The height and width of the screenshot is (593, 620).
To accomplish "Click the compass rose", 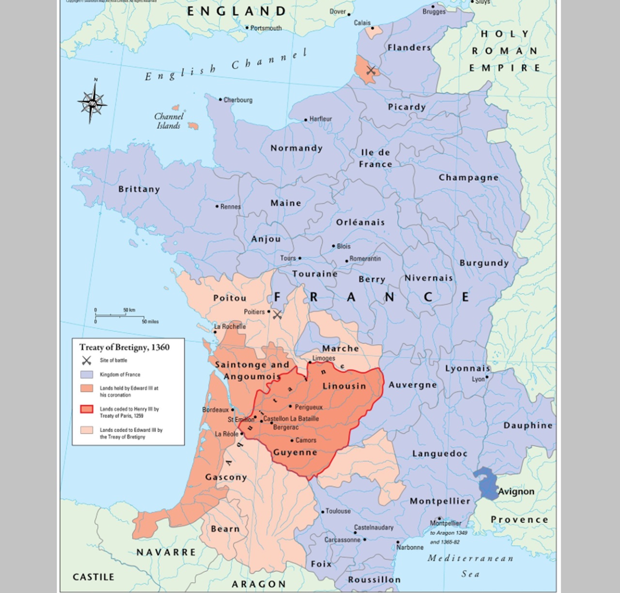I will tap(92, 102).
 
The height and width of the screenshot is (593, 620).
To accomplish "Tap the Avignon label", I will tap(516, 491).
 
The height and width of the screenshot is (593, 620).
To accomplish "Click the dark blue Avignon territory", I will tap(486, 483).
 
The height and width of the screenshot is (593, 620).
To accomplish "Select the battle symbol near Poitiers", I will tap(277, 315).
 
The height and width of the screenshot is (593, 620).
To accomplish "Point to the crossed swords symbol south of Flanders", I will tap(371, 71).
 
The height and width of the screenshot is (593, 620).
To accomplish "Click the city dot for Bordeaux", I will tap(233, 410).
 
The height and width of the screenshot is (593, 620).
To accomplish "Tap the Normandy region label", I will tap(296, 148).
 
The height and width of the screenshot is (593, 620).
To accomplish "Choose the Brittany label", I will tap(139, 189).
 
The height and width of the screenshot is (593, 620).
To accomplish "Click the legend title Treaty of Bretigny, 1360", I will tap(124, 347).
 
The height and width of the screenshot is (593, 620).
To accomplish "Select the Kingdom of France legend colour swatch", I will tap(87, 375).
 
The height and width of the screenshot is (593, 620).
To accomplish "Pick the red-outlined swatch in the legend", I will tap(87, 410).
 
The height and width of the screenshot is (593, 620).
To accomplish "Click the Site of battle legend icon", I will tap(87, 360).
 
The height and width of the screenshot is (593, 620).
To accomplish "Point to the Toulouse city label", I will tap(338, 511).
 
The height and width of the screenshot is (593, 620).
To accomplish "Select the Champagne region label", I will tap(468, 177).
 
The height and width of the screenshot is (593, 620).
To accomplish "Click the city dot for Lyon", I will tap(487, 377).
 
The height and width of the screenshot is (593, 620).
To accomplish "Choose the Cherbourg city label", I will tap(238, 100).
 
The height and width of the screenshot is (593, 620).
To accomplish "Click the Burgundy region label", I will tap(484, 263).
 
